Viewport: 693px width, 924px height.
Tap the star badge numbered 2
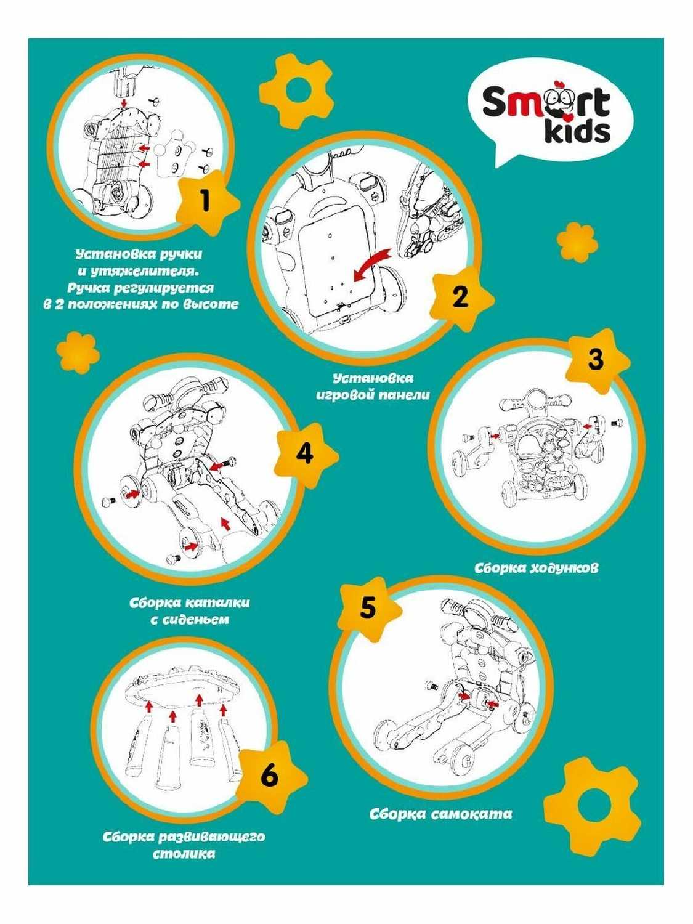[461, 298]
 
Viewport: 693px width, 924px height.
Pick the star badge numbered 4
[306, 455]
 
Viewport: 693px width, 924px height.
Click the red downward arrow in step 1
[124, 103]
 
